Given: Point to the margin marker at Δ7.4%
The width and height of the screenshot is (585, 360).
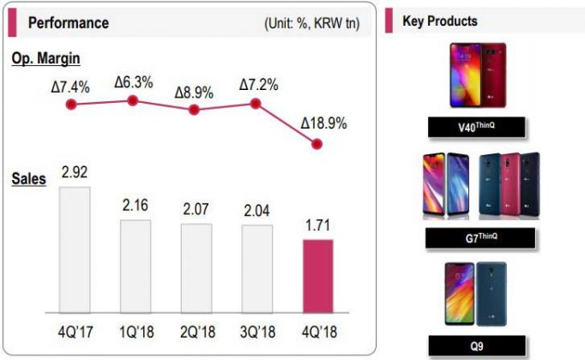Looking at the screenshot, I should tap(73, 105).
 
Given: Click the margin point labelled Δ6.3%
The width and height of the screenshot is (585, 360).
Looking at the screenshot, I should tap(132, 101).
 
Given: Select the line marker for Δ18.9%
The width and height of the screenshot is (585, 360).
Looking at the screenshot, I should tap(317, 145).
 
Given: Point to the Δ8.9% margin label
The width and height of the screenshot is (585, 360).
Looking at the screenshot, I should tap(195, 91).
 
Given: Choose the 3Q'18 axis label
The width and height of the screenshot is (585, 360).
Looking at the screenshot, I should tap(256, 331).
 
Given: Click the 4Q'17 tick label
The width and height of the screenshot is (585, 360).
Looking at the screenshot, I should tap(75, 331).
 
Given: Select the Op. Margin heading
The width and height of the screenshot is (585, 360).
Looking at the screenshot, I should tap(46, 57).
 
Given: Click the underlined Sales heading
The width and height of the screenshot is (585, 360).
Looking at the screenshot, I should tap(29, 180).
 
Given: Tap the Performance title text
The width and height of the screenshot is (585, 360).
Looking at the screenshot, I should tap(69, 23).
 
